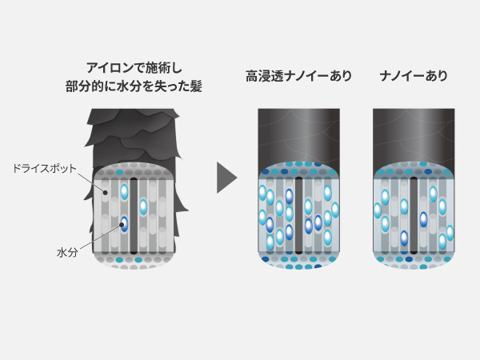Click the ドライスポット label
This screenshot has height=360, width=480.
tap(44, 169)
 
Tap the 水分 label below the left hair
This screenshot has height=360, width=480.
tap(67, 253)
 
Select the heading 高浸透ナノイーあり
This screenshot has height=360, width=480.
tap(298, 76)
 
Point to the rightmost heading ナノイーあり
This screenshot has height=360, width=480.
tap(414, 76)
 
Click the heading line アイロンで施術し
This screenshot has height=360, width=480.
tap(134, 68)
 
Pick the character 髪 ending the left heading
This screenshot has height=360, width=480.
tap(196, 86)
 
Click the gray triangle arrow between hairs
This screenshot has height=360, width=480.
tap(227, 178)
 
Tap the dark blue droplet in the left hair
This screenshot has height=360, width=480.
tap(124, 224)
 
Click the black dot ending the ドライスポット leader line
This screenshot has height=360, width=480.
tap(105, 193)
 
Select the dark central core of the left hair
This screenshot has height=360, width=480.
tap(134, 216)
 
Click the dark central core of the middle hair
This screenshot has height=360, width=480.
tap(298, 215)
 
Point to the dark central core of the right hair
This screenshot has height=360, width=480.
tap(414, 215)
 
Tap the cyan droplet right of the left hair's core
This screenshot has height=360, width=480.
tap(143, 207)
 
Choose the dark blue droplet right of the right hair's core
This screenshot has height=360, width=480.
tap(423, 219)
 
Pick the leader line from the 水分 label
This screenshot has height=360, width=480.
tap(101, 236)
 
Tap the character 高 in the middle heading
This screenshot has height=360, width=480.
tap(252, 76)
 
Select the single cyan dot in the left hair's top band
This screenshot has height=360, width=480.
tap(120, 172)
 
